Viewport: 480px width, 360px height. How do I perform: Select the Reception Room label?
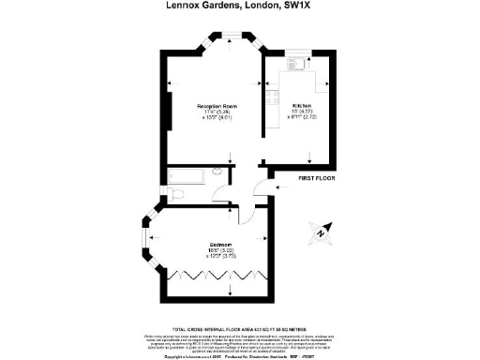[x=215, y=107]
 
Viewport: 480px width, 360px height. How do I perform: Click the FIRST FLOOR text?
[x=316, y=177]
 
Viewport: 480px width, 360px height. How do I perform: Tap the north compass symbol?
[x=319, y=229]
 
